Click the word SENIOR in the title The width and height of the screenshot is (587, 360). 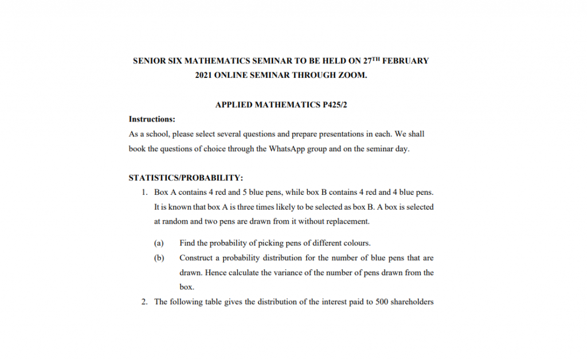(148, 60)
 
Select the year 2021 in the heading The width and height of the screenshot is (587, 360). (205, 75)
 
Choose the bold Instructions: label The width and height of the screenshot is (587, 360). (152, 119)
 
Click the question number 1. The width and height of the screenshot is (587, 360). (144, 192)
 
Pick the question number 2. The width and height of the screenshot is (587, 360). (144, 302)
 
